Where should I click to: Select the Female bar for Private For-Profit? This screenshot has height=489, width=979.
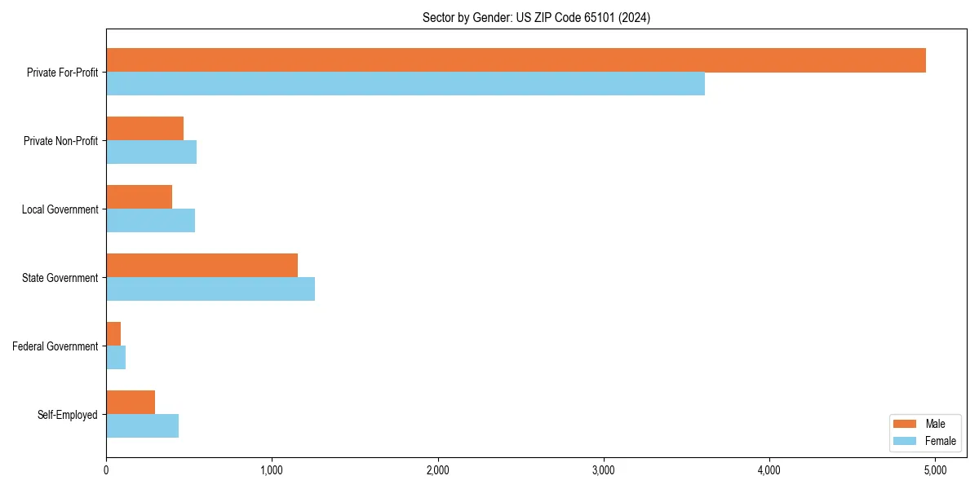point(405,84)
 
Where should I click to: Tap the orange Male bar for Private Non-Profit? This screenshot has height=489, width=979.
point(144,129)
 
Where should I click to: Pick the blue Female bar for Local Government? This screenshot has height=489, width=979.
point(150,221)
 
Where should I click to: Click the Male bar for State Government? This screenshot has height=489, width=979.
point(202,266)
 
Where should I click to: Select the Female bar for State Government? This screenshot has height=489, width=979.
point(210,289)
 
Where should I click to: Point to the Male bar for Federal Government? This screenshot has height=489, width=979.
point(113,334)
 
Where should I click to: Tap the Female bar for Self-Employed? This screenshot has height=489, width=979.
point(142,426)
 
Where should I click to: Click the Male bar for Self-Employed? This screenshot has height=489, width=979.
point(131,403)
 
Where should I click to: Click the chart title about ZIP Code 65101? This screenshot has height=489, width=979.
point(536,17)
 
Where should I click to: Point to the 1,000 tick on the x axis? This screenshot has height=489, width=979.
point(272,470)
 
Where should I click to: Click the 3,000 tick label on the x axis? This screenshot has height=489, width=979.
point(604,470)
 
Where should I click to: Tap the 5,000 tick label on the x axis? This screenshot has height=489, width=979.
point(935,470)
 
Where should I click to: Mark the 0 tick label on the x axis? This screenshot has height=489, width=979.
point(106,470)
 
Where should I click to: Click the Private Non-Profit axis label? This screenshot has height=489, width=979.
point(60,141)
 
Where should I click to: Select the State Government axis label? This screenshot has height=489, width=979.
point(60,278)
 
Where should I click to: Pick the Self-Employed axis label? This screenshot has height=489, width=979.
point(68,415)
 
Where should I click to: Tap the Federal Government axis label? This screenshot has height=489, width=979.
point(55,346)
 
